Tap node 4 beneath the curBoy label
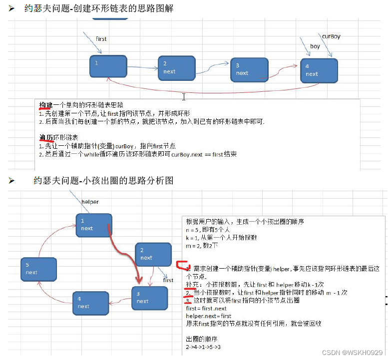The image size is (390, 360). (x=319, y=70)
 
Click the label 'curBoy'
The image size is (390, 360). (x=331, y=36)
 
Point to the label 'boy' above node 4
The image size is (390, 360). (x=315, y=46)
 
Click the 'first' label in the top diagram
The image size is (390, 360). (x=101, y=38)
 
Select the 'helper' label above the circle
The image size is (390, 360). (x=90, y=202)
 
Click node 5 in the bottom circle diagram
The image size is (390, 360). (x=38, y=269)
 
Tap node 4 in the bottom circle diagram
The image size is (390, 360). (x=90, y=303)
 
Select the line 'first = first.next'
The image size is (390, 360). (x=206, y=309)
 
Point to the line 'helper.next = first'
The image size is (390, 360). (x=209, y=316)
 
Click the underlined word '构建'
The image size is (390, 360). (x=46, y=106)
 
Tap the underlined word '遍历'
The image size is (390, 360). (x=46, y=137)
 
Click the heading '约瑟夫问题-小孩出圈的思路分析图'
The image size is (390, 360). (x=103, y=181)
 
